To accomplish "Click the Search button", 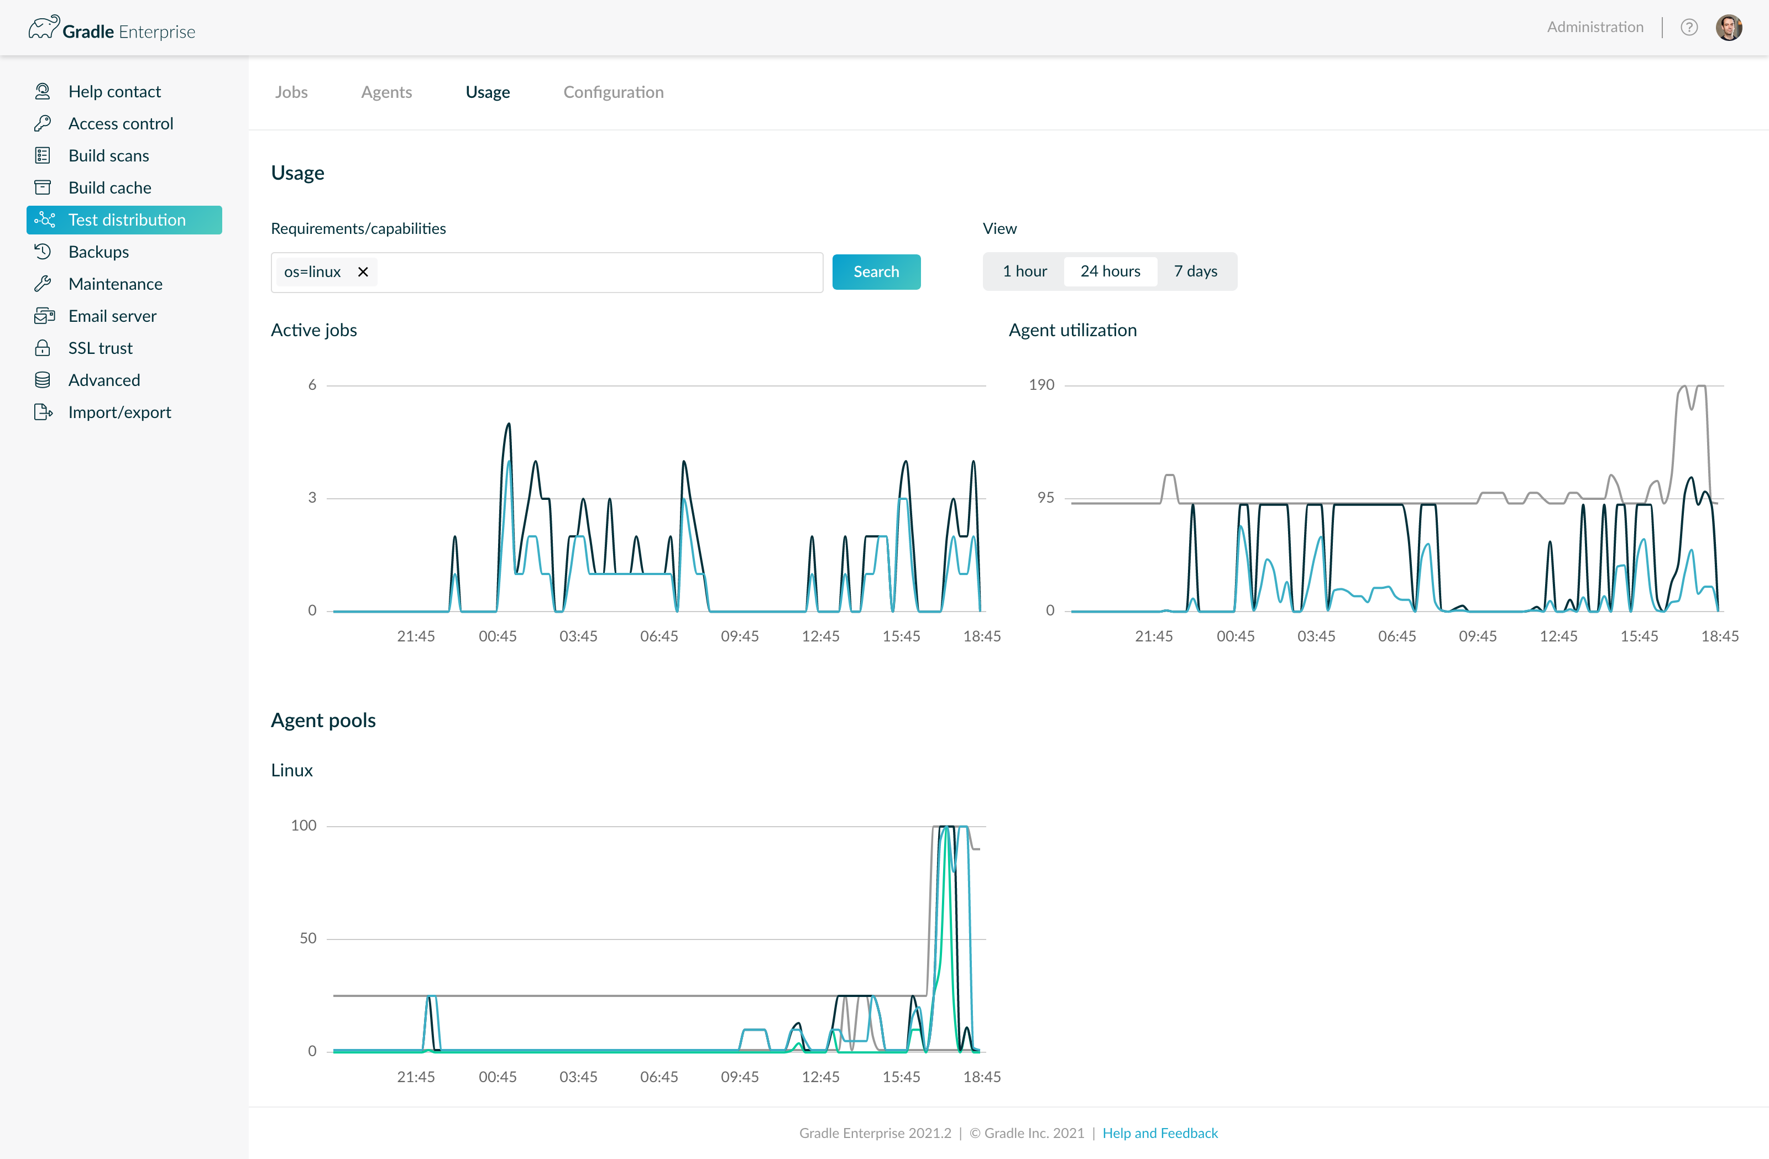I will [x=876, y=272].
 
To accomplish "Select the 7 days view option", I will [x=1195, y=272].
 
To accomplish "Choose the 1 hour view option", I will [x=1024, y=272].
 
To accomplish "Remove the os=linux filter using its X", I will [x=363, y=272].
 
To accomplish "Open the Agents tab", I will [x=386, y=92].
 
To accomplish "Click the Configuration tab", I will [x=613, y=92].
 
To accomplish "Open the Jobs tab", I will [x=291, y=92].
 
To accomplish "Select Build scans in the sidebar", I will [x=108, y=155].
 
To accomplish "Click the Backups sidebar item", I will [x=98, y=252].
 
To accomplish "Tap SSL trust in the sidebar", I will [x=101, y=348].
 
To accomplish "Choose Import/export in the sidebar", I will [x=119, y=413].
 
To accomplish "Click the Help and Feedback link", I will [x=1159, y=1133].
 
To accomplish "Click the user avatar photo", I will [x=1729, y=28].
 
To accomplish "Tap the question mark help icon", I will [x=1689, y=28].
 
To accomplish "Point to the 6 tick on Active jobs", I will [x=312, y=385].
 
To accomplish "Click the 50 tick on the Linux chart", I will [x=308, y=939].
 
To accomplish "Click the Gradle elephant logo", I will [x=44, y=28].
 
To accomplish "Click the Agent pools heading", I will [x=323, y=721].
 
